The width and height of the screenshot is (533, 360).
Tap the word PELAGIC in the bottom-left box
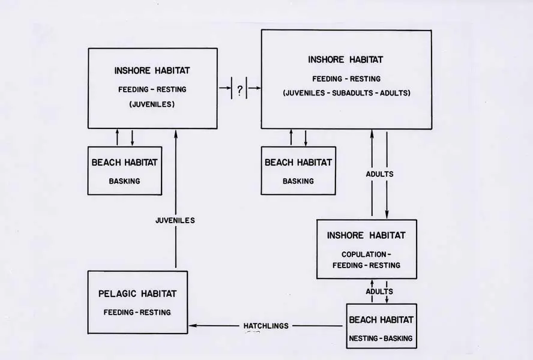point(118,293)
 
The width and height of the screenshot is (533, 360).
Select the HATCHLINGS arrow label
point(266,326)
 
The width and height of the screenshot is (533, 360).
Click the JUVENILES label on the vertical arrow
point(175,220)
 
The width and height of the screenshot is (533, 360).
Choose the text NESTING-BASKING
point(381,338)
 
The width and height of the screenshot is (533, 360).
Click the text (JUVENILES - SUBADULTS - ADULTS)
point(346,93)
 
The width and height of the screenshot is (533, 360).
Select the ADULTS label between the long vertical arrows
point(379,174)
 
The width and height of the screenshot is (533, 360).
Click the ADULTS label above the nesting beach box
point(379,291)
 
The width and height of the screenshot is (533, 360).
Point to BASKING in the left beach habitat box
point(125,179)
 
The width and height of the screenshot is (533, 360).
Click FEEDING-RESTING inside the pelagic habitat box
point(137,313)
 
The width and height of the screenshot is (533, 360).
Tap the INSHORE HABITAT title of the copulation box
point(366,235)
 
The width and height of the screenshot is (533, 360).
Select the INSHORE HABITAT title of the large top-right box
point(345,59)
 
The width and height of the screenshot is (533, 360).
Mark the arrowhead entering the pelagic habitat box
point(192,326)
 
